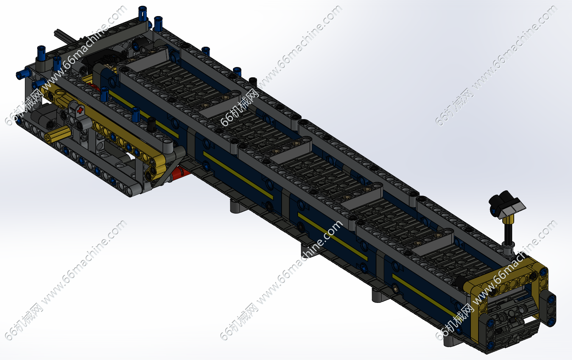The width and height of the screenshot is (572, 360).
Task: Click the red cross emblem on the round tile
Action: pos(80,110)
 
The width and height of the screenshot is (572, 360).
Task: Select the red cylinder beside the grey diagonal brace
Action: pos(181,173)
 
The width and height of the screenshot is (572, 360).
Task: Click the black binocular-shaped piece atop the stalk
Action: pos(506,204)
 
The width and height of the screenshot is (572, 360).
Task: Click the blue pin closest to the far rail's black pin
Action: pos(237,72)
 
